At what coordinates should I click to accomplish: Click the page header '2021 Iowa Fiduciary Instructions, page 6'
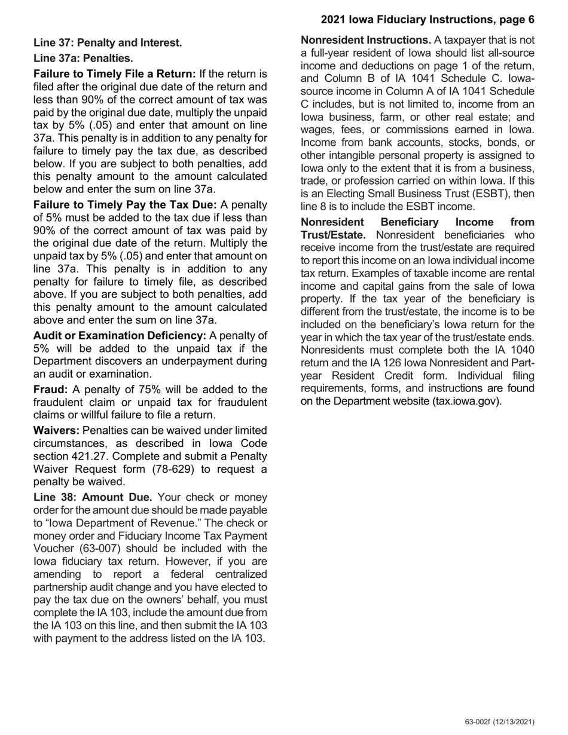click(427, 20)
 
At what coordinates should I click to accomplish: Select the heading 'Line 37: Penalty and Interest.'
click(108, 43)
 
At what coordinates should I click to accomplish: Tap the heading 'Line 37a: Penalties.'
click(83, 59)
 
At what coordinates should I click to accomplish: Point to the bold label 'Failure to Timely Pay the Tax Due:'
click(125, 204)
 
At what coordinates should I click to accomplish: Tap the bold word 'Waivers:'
click(56, 430)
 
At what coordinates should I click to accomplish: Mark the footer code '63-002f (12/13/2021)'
click(499, 722)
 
